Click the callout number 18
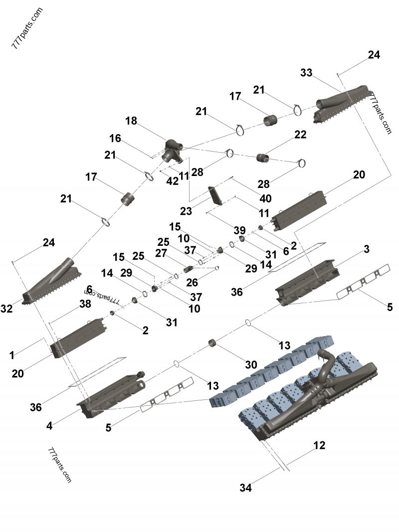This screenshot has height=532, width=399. click(131, 121)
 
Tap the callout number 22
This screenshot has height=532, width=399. click(300, 135)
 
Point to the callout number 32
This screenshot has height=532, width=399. click(6, 309)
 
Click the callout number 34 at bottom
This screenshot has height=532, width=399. click(245, 488)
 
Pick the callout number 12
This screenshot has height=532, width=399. click(319, 445)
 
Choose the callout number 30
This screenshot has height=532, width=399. click(251, 364)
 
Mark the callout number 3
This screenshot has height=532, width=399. click(366, 249)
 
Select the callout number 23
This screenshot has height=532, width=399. click(186, 211)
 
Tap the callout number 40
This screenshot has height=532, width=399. click(265, 198)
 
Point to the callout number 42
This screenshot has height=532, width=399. click(173, 181)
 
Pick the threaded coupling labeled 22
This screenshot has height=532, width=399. click(263, 159)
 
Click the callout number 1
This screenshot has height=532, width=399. click(11, 355)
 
